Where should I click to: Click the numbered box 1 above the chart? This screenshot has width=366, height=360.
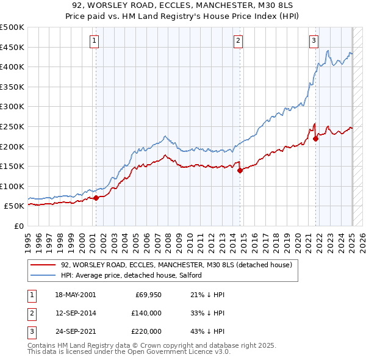pos(95,41)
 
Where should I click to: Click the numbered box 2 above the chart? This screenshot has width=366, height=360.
pos(238,41)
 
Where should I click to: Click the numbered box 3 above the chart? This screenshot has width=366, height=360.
pos(314,41)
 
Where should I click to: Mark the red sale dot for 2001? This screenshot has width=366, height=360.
pos(96,198)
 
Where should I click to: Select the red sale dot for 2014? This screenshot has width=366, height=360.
pos(240,170)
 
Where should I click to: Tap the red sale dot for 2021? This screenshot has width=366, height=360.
pos(316,139)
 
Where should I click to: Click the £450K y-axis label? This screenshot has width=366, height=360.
pos(13,47)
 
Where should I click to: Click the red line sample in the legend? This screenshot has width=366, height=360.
pos(43,265)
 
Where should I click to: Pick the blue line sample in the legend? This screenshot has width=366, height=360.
pos(43,276)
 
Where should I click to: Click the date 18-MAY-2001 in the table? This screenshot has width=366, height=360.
pos(75,295)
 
